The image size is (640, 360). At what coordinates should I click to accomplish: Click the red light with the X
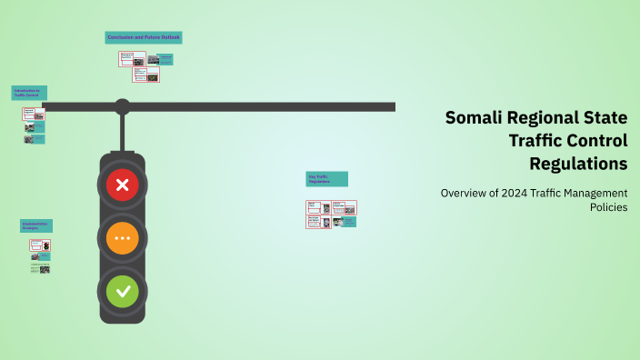coord(123,185)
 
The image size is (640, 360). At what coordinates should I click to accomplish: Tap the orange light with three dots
coord(123,238)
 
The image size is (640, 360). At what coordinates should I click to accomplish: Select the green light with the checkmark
coord(123,292)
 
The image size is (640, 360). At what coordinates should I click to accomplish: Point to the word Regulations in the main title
coord(578,165)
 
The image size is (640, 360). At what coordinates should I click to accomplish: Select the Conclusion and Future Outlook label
coord(144,37)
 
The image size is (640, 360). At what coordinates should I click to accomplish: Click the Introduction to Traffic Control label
coord(29,93)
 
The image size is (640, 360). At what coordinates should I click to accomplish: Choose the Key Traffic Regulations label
coord(326,179)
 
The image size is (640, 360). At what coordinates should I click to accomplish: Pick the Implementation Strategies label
coord(36,225)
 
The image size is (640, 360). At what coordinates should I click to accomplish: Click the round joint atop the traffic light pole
coord(122,106)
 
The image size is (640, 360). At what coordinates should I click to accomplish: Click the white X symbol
coord(123,185)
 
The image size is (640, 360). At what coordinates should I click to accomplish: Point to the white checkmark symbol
coord(123,292)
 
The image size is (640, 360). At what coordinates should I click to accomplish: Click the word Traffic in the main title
coord(542,141)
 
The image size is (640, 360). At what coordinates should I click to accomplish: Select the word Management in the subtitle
coord(594,193)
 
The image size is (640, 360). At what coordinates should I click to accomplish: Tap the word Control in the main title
coord(600,141)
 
